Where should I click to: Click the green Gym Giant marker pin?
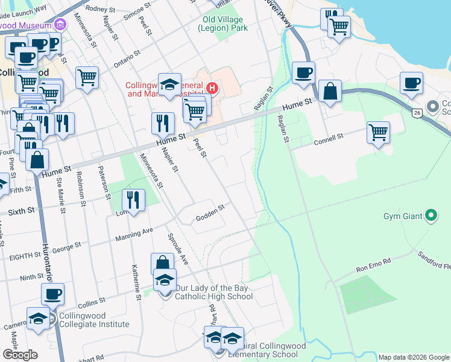tap(430, 215)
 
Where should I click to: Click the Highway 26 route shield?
tap(417, 112)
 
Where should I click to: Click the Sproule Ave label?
tap(178, 248)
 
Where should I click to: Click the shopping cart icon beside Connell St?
tap(378, 132)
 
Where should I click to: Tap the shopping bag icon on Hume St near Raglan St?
tap(330, 91)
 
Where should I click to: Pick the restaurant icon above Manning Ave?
tap(133, 200)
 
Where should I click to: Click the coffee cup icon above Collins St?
tap(52, 294)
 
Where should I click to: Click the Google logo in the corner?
tap(20, 354)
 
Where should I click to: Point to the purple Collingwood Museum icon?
tap(60, 25)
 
